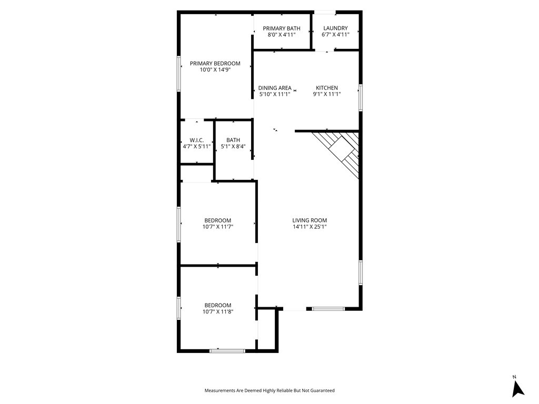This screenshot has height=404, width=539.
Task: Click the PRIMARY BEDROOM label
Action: coord(215,64)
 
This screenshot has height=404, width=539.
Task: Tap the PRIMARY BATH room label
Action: coord(282,28)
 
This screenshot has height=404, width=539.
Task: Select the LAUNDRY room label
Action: coord(335,28)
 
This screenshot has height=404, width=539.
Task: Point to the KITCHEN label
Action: coord(326,88)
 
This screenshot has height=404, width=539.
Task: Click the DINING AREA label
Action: coord(275,88)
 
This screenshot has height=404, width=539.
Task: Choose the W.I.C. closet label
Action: coord(196,140)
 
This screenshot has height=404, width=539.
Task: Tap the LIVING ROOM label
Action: coord(310,220)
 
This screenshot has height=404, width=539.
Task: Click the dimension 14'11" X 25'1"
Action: coord(310,227)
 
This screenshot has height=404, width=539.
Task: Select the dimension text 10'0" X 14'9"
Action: coord(215,70)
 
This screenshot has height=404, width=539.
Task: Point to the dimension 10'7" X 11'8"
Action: coord(217,311)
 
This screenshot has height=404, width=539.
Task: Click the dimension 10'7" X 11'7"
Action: coord(217,227)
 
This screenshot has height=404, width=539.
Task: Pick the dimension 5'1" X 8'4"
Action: coord(233,146)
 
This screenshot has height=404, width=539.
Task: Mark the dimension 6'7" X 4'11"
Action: coord(335,35)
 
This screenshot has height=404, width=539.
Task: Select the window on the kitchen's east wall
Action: coord(361,97)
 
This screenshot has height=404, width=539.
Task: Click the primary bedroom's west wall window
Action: coord(179,73)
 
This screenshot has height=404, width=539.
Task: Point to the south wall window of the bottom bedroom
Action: coord(227,350)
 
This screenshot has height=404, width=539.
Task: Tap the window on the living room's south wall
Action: coord(328,309)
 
